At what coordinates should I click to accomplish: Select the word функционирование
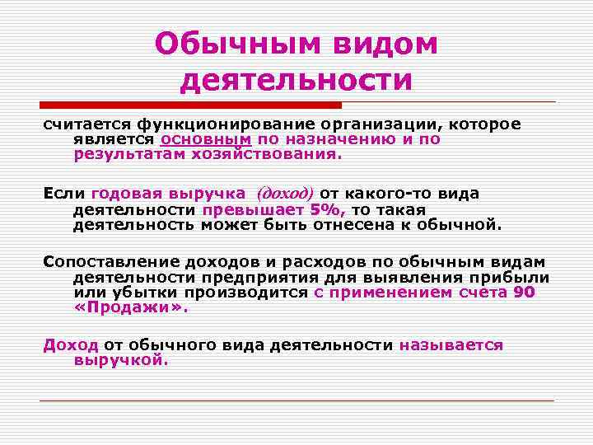point(197,124)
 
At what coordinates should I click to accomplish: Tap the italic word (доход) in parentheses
point(285,194)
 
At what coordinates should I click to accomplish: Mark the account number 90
point(525,293)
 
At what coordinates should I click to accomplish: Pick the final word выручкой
point(120,360)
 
